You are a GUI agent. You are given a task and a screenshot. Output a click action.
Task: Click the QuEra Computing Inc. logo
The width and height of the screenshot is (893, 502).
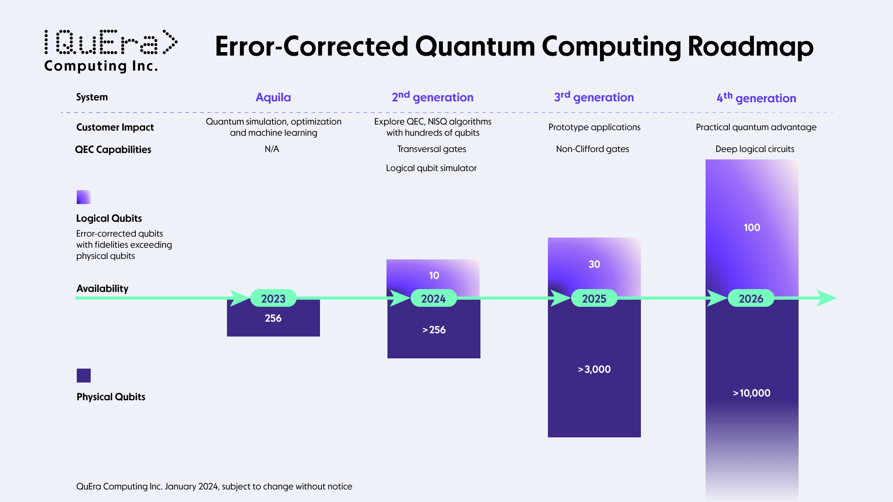coord(110,50)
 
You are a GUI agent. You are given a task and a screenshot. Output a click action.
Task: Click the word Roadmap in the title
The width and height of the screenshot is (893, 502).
coord(750,46)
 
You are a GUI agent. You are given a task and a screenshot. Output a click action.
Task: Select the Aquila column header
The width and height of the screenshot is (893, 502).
coord(273,97)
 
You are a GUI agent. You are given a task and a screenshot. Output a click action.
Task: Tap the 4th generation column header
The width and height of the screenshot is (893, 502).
coord(756,98)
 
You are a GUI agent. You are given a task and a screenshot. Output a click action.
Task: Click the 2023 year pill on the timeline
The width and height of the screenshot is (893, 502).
coord(273,298)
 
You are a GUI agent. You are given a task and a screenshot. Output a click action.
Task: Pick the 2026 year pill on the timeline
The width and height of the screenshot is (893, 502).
coord(751,298)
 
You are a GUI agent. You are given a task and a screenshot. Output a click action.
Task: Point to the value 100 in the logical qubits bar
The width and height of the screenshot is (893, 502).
coord(752,227)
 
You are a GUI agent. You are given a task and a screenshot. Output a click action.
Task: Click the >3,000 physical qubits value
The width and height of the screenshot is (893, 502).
coord(594,369)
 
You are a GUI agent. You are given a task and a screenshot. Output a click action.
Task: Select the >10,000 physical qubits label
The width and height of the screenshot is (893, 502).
coord(752,393)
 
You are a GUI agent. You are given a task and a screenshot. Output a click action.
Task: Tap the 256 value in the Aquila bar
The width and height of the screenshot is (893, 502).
coord(273,318)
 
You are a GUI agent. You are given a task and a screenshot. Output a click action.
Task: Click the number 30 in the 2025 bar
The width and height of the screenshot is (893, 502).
coord(594,264)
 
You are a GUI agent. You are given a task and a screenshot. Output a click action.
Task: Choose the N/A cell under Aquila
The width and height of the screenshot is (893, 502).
coord(272,149)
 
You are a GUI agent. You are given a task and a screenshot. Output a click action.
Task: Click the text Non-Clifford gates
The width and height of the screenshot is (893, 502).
coord(592,149)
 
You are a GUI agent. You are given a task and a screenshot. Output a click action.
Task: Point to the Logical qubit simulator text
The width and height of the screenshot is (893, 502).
coord(431,168)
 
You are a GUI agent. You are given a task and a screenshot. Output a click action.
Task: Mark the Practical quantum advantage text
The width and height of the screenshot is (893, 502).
coord(756,127)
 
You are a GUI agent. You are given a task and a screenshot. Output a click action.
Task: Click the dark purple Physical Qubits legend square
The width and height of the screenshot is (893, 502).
coord(84,375)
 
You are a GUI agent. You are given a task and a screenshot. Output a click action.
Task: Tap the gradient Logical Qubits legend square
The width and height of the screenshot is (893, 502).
coord(84,197)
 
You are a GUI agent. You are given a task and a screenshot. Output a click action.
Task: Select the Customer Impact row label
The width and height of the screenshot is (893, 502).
coord(115,127)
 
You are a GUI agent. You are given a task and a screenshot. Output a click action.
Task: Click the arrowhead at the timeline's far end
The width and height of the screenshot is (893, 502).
coord(826,298)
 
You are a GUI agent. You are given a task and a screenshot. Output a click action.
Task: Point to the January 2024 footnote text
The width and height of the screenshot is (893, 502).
coord(214,486)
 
